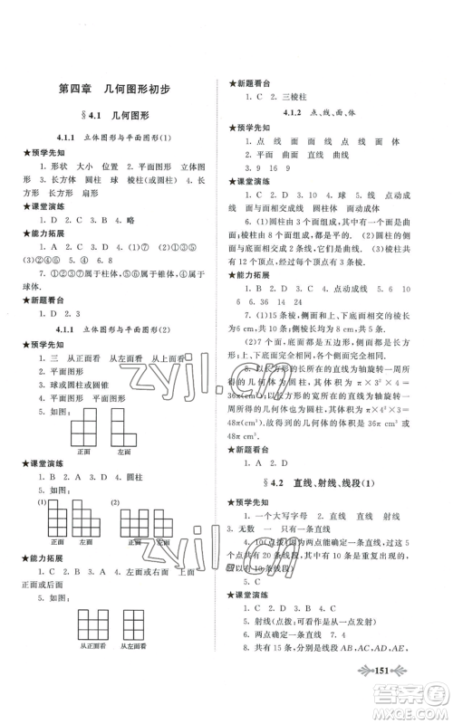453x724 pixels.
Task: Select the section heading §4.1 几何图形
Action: click(x=113, y=118)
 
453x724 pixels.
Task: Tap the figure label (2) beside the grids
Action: click(x=114, y=502)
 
